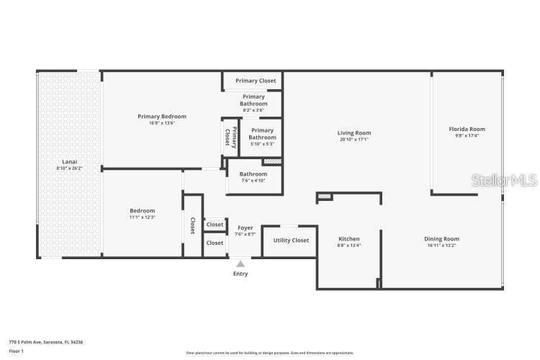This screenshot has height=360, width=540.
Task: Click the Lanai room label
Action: (70, 162)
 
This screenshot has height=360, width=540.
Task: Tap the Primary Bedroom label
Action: (162, 116)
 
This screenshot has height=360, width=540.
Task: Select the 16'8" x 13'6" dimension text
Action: (162, 123)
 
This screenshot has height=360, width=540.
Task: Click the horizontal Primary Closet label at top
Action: (256, 81)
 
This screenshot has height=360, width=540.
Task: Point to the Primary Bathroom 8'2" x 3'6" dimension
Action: (253, 110)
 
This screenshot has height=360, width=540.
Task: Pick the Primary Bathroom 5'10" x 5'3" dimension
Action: (262, 144)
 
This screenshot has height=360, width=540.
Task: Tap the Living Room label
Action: (354, 132)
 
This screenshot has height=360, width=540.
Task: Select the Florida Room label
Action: (467, 130)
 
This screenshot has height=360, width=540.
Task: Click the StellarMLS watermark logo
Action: (504, 180)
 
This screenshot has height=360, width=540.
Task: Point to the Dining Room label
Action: (441, 239)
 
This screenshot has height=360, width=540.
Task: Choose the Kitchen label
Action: (349, 239)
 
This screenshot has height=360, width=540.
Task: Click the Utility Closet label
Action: (291, 240)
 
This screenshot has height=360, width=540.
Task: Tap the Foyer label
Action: (245, 228)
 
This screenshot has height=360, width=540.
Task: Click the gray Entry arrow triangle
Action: (240, 264)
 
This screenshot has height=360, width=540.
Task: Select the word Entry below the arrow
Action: (240, 274)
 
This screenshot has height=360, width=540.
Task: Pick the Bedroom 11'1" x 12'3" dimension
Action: (143, 217)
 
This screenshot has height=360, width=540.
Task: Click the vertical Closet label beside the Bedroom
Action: (193, 226)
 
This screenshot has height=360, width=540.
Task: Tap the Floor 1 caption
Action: (17, 351)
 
